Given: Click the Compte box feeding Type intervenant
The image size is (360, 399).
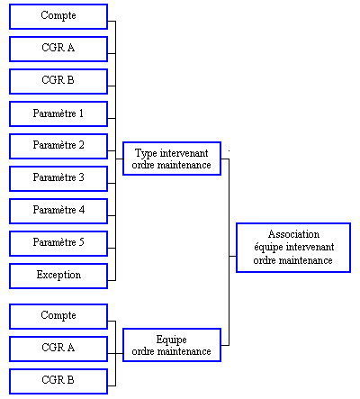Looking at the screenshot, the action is tap(58, 16).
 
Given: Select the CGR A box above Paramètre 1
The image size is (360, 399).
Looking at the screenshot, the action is tap(58, 49).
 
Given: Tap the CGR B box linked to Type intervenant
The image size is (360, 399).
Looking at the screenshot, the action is tap(58, 81).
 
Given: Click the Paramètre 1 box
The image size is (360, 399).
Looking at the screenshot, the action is tap(58, 113).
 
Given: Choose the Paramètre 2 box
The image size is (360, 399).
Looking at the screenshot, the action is tap(58, 146).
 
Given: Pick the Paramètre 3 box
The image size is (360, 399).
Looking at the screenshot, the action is tap(58, 178).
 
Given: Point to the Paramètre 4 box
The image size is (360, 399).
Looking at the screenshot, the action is tap(58, 211).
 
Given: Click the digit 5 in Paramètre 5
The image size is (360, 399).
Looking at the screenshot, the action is tap(81, 242).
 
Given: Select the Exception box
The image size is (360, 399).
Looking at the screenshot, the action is tap(58, 276).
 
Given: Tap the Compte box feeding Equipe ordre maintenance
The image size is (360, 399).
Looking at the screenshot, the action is tap(58, 316).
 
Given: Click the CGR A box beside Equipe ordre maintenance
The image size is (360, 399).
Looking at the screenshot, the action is tap(58, 349).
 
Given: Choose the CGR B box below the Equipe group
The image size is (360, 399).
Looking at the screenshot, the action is tap(58, 381).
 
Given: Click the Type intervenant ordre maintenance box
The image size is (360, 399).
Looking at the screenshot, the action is tap(172, 159).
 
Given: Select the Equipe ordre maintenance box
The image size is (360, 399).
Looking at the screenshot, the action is tap(172, 345).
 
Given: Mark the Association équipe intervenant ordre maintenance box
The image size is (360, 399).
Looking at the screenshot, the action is tap(293, 248).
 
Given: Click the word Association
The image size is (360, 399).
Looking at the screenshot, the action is tap(293, 234).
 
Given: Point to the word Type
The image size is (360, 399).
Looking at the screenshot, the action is tap(146, 153).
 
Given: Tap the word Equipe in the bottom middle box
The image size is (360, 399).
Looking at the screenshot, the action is tap(172, 340).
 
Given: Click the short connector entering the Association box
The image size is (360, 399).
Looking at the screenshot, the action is tap(233, 256).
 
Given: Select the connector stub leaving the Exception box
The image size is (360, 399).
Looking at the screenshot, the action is tap(112, 280).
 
